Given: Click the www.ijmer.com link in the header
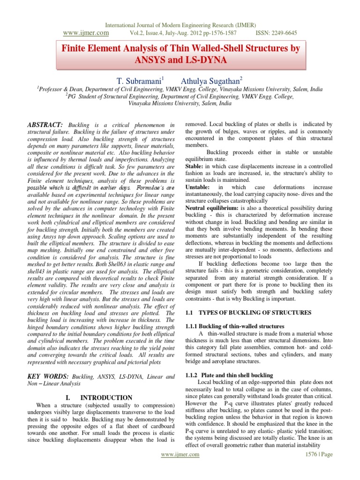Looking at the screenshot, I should pyautogui.click(x=85, y=33).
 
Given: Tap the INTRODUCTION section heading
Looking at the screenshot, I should pyautogui.click(x=106, y=397).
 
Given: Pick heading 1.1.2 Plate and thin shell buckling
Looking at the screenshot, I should pyautogui.click(x=233, y=375).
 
